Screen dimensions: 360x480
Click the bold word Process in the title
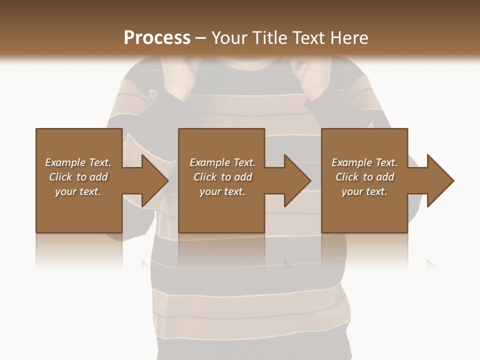click(157, 37)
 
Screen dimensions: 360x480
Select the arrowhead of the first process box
click(152, 180)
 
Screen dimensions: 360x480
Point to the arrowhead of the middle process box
click(295, 180)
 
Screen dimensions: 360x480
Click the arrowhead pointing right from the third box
click(438, 180)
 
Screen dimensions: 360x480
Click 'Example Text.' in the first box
click(78, 162)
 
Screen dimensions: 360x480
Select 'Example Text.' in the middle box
click(222, 162)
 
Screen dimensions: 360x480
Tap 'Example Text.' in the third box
click(364, 162)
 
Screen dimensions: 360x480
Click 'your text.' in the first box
click(78, 191)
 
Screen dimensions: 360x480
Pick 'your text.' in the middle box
click(222, 191)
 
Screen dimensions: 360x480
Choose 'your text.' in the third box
click(364, 191)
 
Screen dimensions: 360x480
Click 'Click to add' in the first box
click(78, 177)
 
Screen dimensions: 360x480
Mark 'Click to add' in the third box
click(364, 177)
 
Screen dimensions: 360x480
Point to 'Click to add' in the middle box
click(222, 177)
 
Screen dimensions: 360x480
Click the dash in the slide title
click(200, 38)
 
